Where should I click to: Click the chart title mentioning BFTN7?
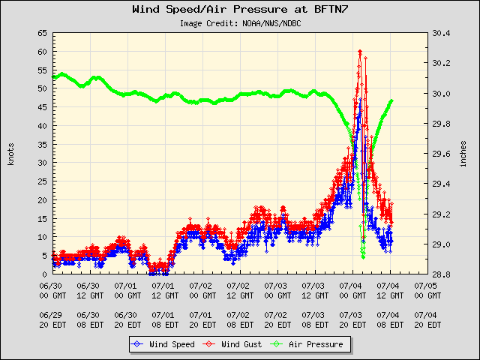tap(240, 9)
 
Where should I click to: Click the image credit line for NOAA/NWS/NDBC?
tap(240, 23)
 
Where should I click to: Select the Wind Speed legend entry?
tap(163, 344)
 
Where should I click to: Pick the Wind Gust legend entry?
tap(232, 344)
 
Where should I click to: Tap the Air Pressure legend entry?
tap(307, 344)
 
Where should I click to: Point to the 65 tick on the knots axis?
tap(43, 33)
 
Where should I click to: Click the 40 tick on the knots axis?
tap(43, 126)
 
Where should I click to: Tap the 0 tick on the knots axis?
tap(45, 274)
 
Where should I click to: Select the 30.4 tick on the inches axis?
tap(441, 33)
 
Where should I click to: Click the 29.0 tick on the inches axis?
tap(441, 244)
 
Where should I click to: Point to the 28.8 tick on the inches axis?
tap(441, 274)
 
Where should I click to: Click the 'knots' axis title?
tap(11, 154)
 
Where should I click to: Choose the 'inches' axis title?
tap(463, 154)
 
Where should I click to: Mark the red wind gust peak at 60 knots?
tap(360, 52)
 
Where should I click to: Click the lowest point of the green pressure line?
tap(363, 257)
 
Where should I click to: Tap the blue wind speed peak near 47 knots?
tap(360, 100)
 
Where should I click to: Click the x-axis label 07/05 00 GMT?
tap(427, 291)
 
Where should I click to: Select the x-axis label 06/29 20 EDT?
tap(52, 320)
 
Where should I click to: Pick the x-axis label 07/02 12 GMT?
tap(240, 291)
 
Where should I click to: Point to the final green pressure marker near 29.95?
tap(391, 101)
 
